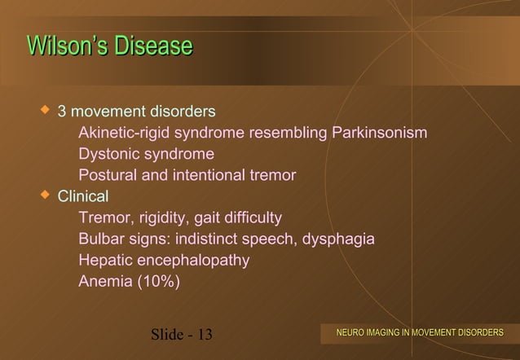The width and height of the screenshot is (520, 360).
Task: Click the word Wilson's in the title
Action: (x=68, y=46)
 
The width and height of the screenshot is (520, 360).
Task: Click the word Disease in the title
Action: (x=152, y=46)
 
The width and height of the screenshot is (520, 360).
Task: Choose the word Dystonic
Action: (x=107, y=154)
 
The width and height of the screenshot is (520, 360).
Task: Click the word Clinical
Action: (x=82, y=196)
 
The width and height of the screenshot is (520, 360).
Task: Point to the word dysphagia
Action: (x=341, y=239)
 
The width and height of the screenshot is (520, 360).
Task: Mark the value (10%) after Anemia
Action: (x=160, y=283)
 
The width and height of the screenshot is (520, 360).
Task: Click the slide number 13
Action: (x=202, y=334)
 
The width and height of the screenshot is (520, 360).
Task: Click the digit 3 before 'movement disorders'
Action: (x=61, y=111)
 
